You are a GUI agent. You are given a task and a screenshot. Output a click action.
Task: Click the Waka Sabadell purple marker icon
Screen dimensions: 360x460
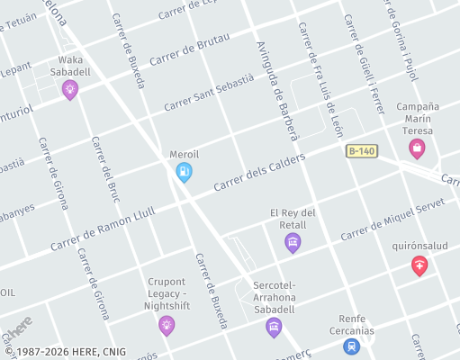coord(69,88)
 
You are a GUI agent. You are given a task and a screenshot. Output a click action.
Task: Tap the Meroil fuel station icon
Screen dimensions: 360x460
coord(184,171)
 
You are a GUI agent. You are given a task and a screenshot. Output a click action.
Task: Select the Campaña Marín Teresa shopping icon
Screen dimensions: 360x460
coord(416,148)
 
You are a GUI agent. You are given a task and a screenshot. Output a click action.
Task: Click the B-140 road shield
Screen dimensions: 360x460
coord(360,151)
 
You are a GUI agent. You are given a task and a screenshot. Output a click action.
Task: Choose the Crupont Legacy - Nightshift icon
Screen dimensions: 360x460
coord(167,324)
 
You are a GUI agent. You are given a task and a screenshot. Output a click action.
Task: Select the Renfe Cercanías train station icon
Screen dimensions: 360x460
coord(351,345)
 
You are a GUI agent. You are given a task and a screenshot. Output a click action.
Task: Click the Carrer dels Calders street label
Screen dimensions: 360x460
coord(259,172)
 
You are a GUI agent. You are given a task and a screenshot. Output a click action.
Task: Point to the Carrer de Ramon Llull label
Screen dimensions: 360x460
coord(103,229)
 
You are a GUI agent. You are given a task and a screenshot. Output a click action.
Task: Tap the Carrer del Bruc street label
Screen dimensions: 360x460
coord(105,170)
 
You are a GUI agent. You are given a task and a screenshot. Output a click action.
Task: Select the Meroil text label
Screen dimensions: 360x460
coord(184,154)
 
